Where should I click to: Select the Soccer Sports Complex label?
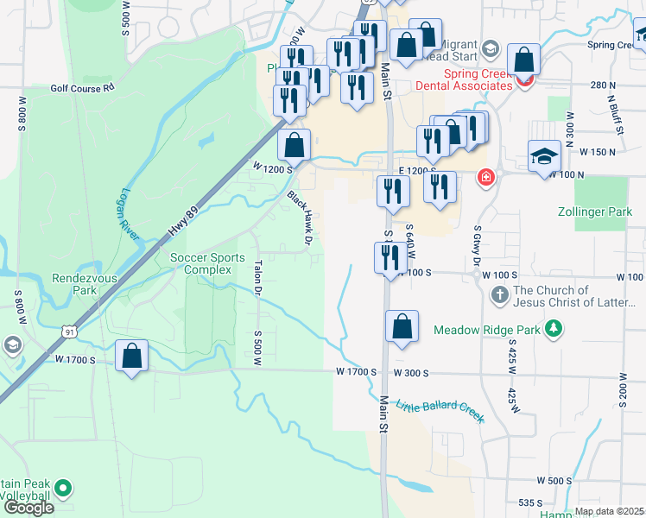(207, 263)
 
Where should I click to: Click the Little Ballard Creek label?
(440, 412)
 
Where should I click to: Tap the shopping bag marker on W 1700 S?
(131, 356)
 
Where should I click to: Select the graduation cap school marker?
(544, 156)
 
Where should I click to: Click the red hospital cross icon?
(487, 177)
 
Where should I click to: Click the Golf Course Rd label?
(82, 87)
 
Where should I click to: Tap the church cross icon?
(499, 296)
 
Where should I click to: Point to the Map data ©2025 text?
(610, 511)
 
